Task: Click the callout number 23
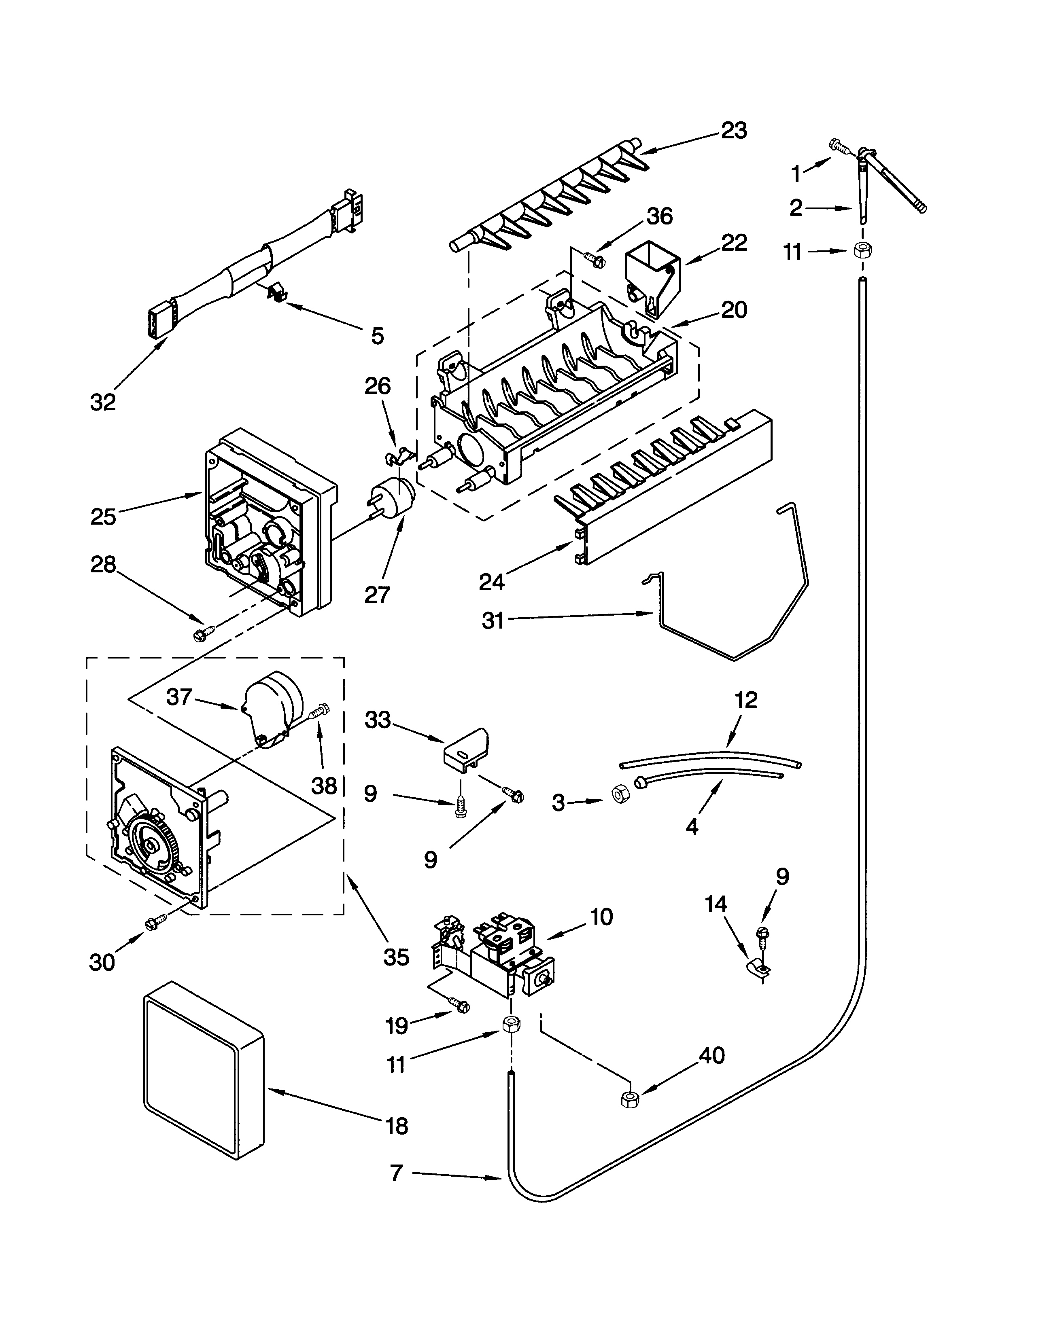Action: (x=734, y=131)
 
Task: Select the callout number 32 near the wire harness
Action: (x=102, y=402)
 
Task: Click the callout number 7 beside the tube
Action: (x=397, y=1173)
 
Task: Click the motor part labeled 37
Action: (x=273, y=706)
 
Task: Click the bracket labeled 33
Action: (x=465, y=750)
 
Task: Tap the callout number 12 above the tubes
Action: (x=746, y=700)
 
